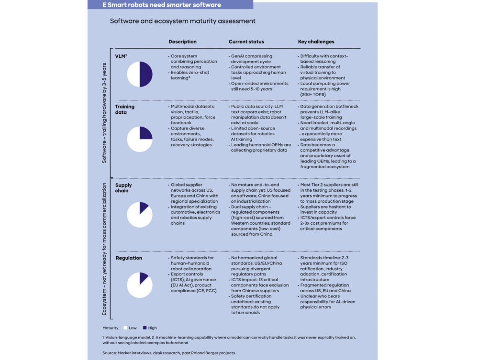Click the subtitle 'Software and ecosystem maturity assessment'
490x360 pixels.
182,21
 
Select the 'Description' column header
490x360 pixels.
182,42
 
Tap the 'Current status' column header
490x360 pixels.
246,42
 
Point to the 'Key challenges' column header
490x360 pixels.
316,42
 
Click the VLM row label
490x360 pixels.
121,56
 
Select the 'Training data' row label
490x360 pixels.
124,109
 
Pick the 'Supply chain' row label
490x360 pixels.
123,188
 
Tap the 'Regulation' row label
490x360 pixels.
129,258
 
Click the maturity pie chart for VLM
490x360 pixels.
140,75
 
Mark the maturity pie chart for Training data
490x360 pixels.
140,139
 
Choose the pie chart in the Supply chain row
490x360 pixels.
140,215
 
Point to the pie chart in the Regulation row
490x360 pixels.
140,285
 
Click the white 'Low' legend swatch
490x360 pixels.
125,328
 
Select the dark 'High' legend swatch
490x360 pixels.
145,328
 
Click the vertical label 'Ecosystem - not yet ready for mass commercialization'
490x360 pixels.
104,249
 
